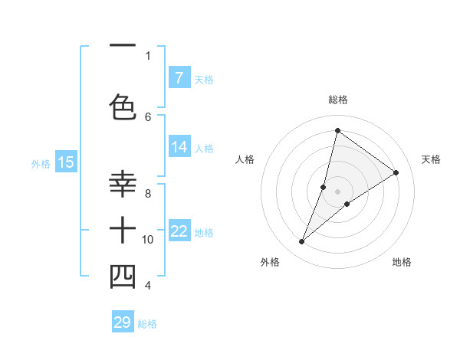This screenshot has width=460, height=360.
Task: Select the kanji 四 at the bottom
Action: (x=123, y=277)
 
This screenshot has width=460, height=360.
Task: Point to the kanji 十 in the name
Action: (x=123, y=230)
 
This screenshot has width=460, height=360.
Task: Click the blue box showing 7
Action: (x=179, y=78)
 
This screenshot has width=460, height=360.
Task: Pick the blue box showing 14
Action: (x=179, y=147)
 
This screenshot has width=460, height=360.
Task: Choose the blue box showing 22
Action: (x=179, y=231)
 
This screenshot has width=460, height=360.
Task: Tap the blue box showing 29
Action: (x=123, y=322)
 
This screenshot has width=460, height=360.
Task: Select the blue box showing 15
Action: (x=65, y=162)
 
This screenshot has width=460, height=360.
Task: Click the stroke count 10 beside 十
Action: (x=147, y=240)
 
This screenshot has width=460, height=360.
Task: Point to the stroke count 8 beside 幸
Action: (x=147, y=194)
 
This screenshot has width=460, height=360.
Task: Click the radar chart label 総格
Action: (x=338, y=100)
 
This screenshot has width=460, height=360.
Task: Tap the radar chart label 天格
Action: (x=431, y=159)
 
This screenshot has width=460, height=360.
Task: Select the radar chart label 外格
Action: (x=270, y=262)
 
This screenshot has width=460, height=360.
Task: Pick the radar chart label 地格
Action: (x=402, y=262)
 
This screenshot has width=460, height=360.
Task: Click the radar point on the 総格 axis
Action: (x=337, y=130)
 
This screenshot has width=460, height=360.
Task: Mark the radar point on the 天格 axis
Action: (x=396, y=172)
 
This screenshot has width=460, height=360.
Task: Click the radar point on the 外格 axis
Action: (x=302, y=242)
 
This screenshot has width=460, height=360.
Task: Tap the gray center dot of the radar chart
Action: (x=337, y=191)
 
